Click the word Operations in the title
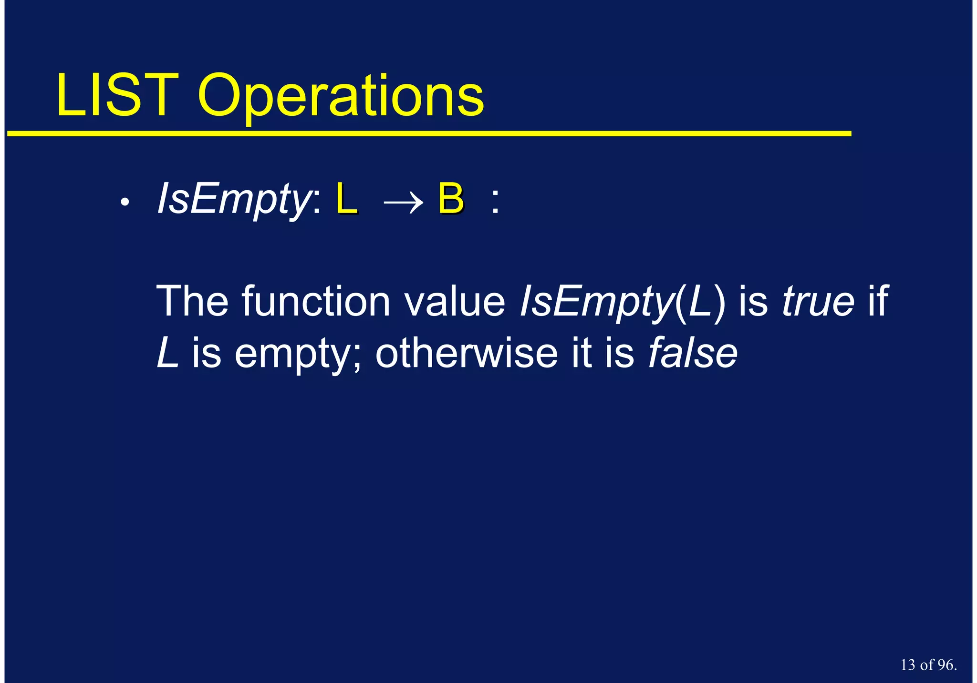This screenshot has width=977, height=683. point(341,98)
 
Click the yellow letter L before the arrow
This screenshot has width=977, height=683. point(346,199)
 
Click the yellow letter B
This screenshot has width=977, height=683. point(451,199)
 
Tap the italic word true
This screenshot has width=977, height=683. point(818,301)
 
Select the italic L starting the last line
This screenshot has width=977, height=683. point(167,353)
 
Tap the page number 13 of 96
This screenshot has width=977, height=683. point(928,665)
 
